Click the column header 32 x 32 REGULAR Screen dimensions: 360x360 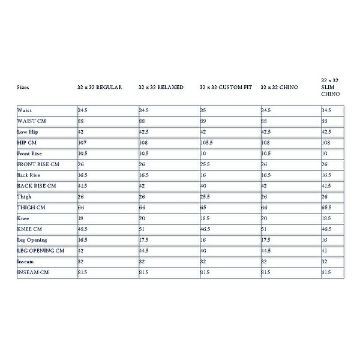pos(100,88)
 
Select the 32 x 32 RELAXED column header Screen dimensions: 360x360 pos(160,88)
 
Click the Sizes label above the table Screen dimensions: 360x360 pos(23,88)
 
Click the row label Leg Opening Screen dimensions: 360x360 pos(32,239)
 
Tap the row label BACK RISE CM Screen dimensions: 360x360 pos(36,186)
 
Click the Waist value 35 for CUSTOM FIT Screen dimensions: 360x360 pos(203,110)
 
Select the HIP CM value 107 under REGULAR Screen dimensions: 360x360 pos(82,143)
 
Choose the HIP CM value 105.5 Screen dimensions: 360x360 pos(207,143)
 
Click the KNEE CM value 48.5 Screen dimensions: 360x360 pos(83,229)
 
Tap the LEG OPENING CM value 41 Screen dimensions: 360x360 pos(325,250)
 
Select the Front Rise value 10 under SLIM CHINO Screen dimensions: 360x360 pos(325,154)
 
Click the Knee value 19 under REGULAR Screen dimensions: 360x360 pos(80,218)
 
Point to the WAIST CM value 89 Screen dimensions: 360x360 pos(203,121)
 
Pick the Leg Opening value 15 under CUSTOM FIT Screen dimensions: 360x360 pos(203,239)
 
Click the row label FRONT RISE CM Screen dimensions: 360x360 pos(38,164)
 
